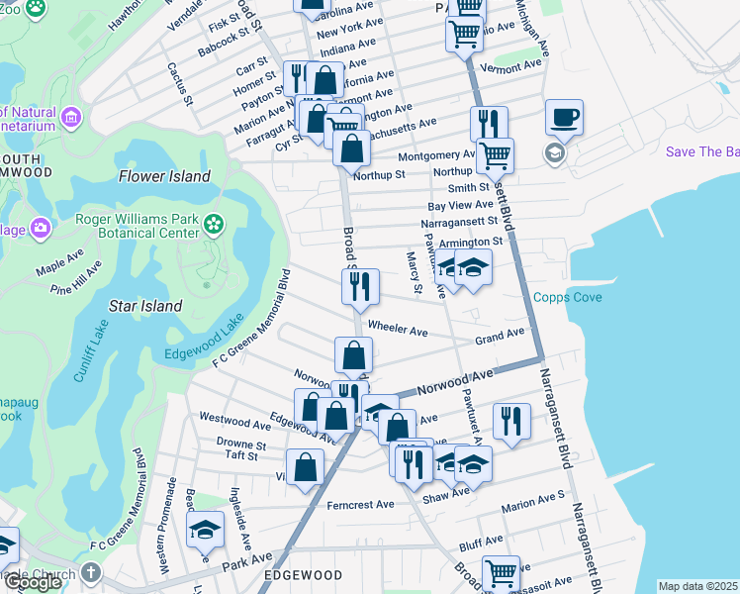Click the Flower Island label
coord(164,176)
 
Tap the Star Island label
coord(147,306)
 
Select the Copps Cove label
coord(568,297)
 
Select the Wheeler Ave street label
coord(397,328)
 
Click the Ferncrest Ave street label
coord(360,505)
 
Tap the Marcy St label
coord(416,274)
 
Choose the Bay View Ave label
coord(459,205)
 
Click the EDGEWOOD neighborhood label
coord(302,575)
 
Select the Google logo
coord(33,582)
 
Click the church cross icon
coord(91,573)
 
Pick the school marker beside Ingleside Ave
coord(206,532)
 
